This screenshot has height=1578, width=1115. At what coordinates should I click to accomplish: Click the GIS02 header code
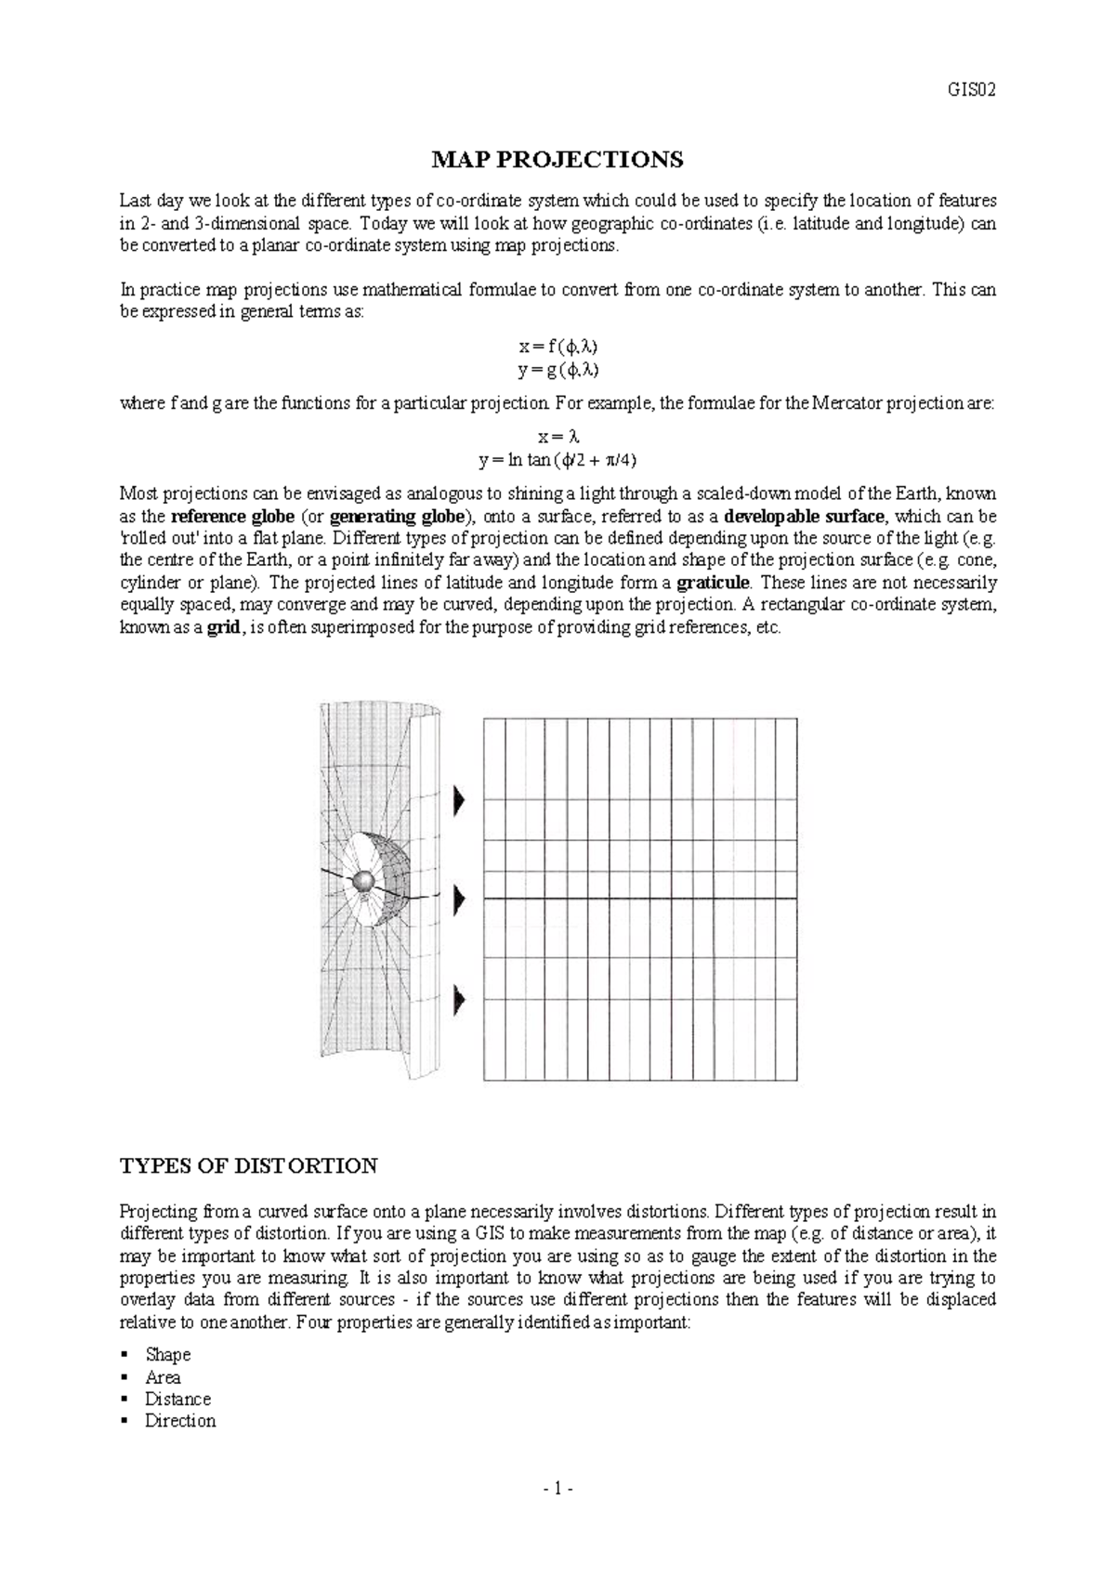(971, 91)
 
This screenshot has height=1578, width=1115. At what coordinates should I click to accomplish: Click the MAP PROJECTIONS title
(557, 160)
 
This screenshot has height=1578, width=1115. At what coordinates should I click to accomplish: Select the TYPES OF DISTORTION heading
(249, 1165)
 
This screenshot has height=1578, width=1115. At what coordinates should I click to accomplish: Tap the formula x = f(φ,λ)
(557, 347)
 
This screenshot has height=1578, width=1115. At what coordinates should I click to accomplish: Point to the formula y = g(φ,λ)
(557, 370)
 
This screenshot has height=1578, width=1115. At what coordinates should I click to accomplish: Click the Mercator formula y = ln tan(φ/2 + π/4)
(557, 459)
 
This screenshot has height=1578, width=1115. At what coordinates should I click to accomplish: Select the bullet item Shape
(167, 1355)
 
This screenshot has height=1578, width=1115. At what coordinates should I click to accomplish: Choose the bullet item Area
(163, 1377)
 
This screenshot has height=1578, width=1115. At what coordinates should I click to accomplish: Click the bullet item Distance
(177, 1399)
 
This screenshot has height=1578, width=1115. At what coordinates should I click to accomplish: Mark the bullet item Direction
(180, 1421)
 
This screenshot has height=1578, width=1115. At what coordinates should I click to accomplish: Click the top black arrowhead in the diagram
(458, 800)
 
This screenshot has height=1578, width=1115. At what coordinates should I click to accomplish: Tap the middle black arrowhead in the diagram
(458, 900)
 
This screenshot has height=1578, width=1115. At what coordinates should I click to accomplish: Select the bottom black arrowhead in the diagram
(458, 1001)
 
